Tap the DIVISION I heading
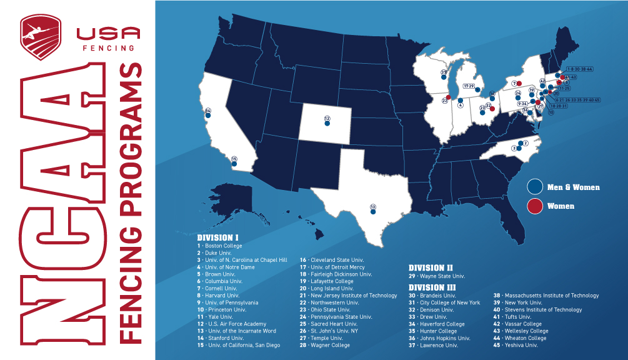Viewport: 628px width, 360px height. (218, 238)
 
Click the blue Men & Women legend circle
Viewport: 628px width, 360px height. (534, 187)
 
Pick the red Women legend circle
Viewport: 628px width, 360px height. (534, 206)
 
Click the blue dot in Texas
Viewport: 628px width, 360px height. (373, 212)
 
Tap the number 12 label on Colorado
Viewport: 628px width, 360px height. (327, 118)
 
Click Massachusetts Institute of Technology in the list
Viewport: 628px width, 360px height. (546, 296)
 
